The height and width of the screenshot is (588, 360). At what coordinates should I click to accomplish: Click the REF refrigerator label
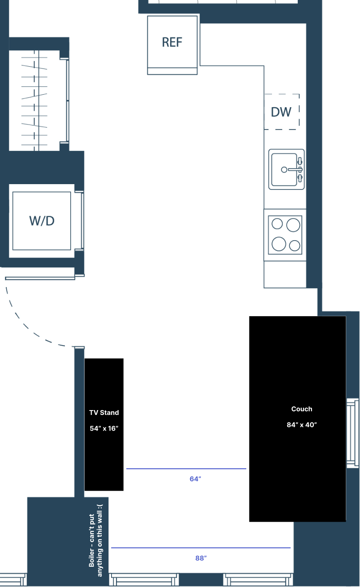coord(172,42)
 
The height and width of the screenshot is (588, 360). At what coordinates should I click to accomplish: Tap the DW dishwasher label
coord(281,112)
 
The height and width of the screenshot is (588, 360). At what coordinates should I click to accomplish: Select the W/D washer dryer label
coord(42,221)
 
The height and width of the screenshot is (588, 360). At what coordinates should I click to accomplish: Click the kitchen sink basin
coord(284,169)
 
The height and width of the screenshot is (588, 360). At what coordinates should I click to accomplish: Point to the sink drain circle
coord(284,169)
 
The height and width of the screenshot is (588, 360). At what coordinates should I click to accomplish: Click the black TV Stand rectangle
coord(104,424)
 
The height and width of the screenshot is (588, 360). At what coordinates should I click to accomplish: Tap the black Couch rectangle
coord(297,419)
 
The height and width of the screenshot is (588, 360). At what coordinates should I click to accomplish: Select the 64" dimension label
coord(195,479)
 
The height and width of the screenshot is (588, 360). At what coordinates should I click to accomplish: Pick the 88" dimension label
coord(201,558)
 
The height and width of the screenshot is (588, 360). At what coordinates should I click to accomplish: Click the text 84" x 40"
coord(302,425)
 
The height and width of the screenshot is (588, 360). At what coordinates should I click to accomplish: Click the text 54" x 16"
coord(104,428)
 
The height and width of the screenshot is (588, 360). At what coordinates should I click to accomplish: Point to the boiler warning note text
coord(96,540)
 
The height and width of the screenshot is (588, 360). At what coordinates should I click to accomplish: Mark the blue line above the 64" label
coord(186,468)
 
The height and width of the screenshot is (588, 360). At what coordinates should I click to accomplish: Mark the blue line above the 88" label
coord(201,548)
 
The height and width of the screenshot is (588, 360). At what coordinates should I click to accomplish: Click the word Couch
coord(302,409)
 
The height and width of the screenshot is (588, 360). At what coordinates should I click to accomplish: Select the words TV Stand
coord(104,413)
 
